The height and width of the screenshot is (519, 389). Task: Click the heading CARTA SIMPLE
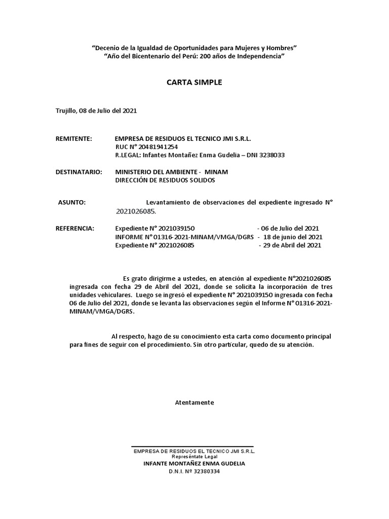point(194,82)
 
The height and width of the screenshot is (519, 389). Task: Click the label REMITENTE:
point(73,138)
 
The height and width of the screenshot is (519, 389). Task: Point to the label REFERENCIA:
point(75,229)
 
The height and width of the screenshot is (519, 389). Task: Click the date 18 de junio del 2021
point(293,237)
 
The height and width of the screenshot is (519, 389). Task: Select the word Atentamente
point(194,402)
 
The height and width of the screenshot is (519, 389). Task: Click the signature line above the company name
point(192,447)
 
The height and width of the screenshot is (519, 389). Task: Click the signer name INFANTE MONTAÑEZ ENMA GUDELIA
point(194,463)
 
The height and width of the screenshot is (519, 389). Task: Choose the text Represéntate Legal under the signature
point(194,456)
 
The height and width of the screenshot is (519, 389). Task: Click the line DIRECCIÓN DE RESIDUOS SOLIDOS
point(165,180)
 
